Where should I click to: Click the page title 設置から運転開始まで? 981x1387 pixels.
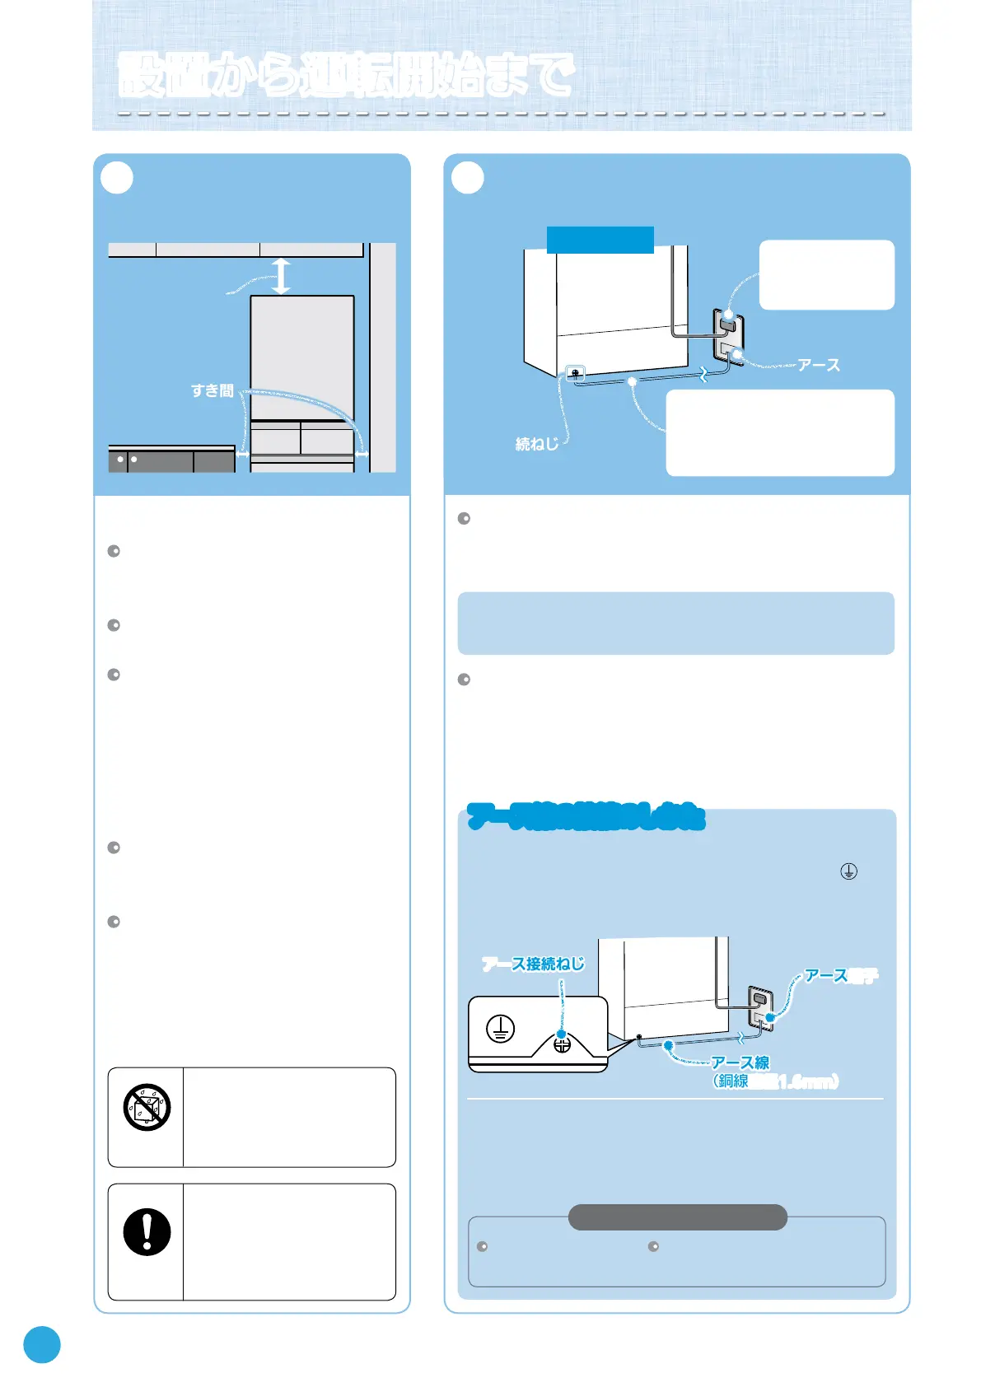coord(346,75)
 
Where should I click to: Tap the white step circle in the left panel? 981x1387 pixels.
coord(117,177)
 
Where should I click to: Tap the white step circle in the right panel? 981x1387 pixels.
coord(468,177)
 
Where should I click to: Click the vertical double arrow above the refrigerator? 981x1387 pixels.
coord(282,276)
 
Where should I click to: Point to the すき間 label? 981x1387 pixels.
coord(213,390)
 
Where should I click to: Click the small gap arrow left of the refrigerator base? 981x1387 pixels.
coord(242,454)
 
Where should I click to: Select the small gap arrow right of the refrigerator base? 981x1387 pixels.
coord(362,454)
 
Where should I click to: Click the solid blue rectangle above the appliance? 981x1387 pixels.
coord(600,240)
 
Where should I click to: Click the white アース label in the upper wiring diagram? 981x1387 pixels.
coord(819,365)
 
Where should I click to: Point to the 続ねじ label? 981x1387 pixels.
coord(537,444)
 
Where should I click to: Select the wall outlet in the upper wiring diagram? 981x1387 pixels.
coord(728,338)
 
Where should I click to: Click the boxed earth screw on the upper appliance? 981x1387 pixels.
coord(574,373)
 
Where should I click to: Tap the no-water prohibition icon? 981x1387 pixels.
coord(147,1106)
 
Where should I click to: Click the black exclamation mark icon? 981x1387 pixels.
coord(147,1232)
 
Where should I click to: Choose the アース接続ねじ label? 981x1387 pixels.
coord(533,964)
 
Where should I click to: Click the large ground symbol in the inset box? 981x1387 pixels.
coord(500,1029)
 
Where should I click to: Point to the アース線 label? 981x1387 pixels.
coord(740,1062)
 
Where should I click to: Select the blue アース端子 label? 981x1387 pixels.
coord(840,976)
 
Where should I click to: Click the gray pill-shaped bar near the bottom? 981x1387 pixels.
coord(677,1217)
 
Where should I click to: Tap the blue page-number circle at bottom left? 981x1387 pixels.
coord(42,1344)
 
